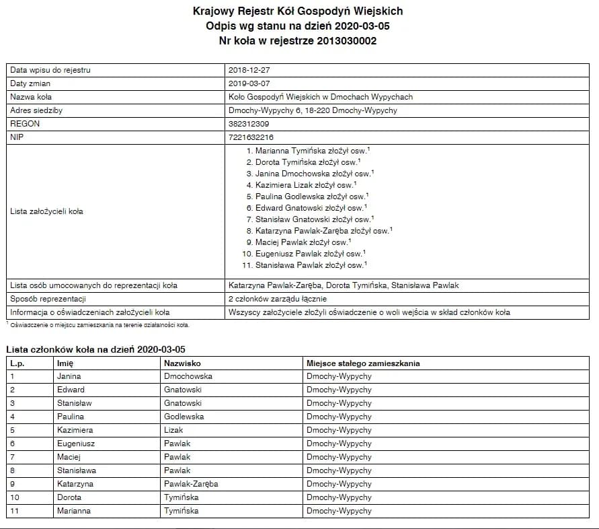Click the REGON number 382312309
point(249,124)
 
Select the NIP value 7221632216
point(251,137)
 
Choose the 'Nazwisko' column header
point(182,363)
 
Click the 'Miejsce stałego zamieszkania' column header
point(363,363)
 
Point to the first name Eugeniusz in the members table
point(76,444)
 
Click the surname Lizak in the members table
point(173,430)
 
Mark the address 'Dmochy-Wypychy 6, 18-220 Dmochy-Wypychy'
point(313,110)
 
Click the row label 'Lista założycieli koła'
point(47,211)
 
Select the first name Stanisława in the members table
point(77,470)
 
